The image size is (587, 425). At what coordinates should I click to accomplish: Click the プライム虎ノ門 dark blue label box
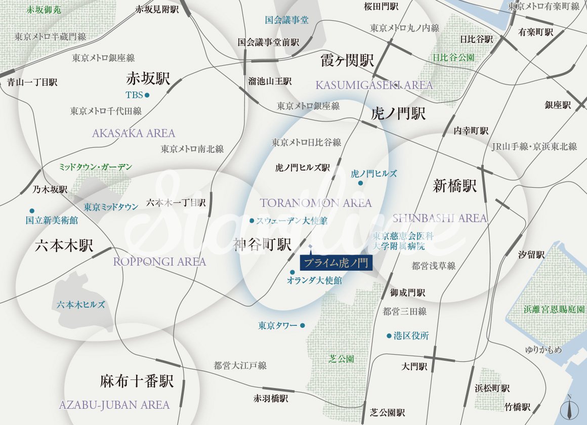tap(336, 263)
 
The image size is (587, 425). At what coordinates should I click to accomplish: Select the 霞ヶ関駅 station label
tap(348, 61)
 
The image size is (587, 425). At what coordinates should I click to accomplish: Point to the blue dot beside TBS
tap(147, 95)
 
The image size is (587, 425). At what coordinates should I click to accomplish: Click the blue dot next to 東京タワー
tap(303, 325)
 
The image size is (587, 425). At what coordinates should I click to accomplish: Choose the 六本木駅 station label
tap(64, 246)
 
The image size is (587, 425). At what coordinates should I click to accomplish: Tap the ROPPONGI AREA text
tap(159, 262)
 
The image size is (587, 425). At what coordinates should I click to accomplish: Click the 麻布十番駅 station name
tap(137, 381)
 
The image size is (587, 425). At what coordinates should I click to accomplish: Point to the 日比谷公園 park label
tap(454, 58)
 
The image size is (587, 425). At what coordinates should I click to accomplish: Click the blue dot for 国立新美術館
tap(32, 210)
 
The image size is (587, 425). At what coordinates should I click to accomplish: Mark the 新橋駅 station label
tap(455, 186)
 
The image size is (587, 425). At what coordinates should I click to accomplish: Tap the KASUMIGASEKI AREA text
tap(374, 85)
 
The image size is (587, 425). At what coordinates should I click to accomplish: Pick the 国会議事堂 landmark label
tap(286, 20)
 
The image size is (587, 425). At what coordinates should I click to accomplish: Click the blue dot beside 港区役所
tap(389, 335)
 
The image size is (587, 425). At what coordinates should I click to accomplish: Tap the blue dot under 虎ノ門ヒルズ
tap(360, 183)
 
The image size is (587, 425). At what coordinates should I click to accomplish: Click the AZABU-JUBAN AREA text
tap(114, 405)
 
